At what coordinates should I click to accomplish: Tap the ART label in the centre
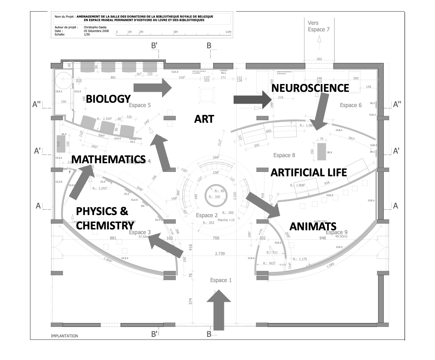point(204,118)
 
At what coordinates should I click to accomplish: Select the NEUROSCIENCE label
point(310,88)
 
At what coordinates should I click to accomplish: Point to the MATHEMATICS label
point(108,159)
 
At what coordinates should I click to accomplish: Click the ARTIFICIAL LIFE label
point(308,172)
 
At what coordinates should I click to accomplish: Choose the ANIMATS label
point(313,226)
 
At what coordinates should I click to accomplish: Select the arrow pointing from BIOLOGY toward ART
point(152,87)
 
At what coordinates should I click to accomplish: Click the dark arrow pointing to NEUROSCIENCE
point(253,100)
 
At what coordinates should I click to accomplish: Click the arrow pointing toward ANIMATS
point(263,205)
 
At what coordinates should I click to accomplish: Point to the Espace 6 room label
point(351,105)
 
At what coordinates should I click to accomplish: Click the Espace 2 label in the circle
point(207,215)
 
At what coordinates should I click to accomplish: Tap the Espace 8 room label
point(284,155)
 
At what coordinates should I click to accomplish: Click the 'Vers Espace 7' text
point(319,26)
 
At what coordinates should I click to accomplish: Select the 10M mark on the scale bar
point(228,32)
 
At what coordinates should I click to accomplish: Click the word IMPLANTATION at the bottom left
point(64,336)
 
